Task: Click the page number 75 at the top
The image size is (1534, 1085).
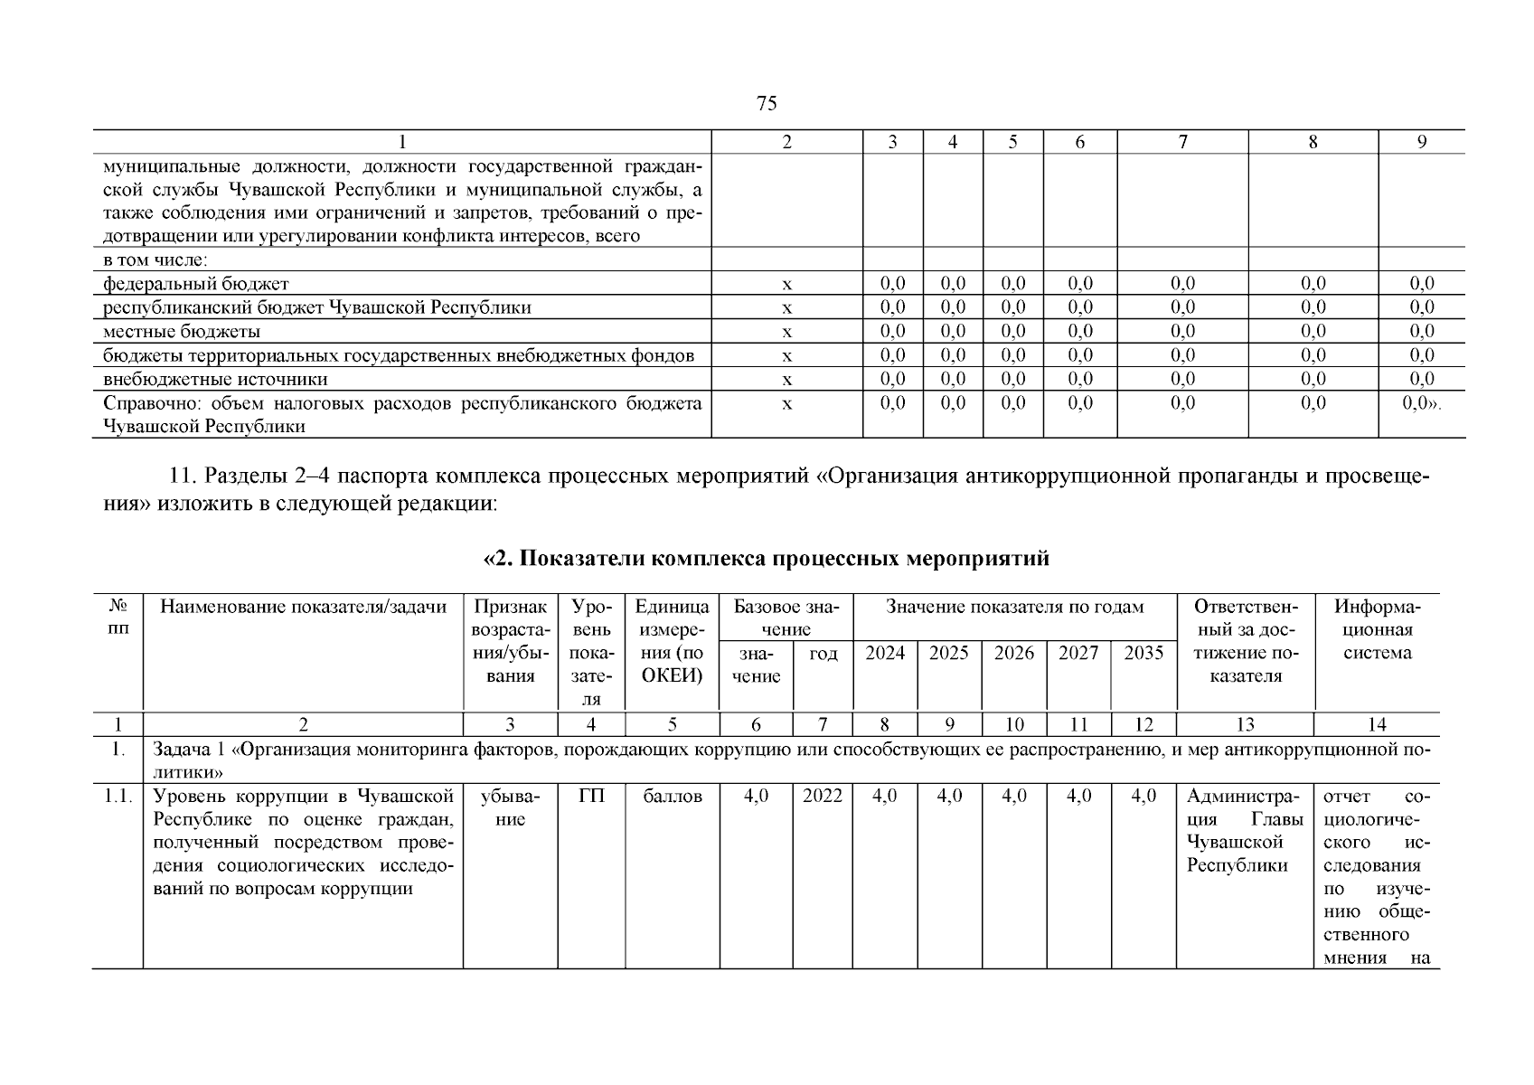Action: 766,104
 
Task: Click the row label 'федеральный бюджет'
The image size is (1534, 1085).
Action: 196,284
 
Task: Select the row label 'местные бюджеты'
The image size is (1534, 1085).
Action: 182,331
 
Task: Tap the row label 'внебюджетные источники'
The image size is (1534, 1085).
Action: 215,379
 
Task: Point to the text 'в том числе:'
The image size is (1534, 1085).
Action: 155,260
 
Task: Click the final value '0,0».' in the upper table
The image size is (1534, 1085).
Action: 1421,403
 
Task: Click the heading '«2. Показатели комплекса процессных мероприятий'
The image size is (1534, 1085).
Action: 767,559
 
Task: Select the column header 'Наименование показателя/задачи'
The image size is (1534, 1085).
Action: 303,607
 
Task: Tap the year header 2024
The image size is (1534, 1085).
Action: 885,654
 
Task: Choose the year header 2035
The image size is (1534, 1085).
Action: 1143,654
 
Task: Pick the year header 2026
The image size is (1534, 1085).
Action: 1014,654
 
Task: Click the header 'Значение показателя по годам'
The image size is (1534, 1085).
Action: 1014,607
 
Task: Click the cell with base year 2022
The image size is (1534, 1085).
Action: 823,796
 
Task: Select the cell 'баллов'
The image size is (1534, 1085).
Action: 673,797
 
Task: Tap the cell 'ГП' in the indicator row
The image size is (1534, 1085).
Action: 591,796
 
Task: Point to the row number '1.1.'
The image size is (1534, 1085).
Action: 118,797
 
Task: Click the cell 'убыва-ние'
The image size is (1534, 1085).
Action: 511,807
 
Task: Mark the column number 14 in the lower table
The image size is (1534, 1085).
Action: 1377,724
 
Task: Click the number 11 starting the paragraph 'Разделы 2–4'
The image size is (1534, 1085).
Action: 181,476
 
